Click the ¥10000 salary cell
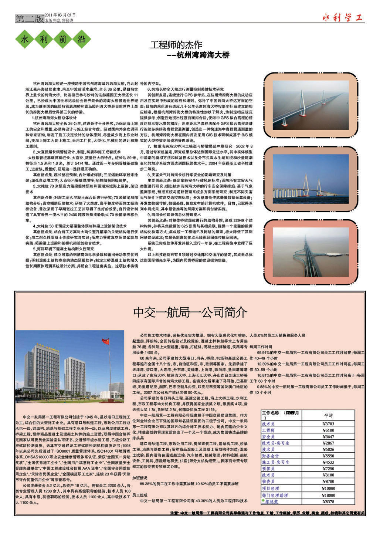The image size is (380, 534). tap(328, 489)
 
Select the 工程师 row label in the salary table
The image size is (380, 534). tap(268, 430)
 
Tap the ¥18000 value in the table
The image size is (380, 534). tap(328, 495)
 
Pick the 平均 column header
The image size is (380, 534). tap(328, 415)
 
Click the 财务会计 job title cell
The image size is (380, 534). tap(270, 456)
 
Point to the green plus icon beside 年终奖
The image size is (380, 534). tap(263, 501)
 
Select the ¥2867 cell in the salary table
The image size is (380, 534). tap(328, 443)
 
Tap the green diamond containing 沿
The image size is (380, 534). tap(82, 40)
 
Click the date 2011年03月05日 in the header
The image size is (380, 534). tap(60, 15)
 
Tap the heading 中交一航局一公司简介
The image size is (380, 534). tap(190, 312)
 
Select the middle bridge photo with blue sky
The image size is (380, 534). tap(311, 175)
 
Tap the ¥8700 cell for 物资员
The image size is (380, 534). tap(328, 481)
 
